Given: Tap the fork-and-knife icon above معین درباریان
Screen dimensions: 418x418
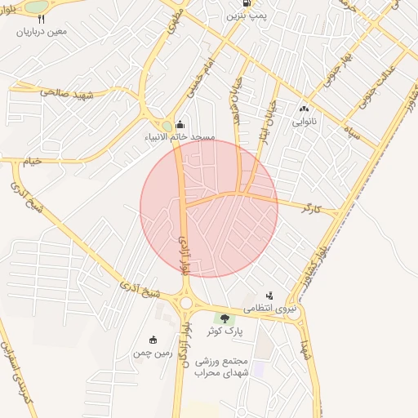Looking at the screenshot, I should pyautogui.click(x=42, y=18).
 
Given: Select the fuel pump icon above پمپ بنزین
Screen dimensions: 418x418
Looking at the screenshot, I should pyautogui.click(x=236, y=3).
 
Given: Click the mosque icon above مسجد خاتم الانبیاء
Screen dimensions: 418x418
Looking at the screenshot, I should pyautogui.click(x=180, y=124).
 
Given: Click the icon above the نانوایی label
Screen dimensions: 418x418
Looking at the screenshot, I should pyautogui.click(x=305, y=107).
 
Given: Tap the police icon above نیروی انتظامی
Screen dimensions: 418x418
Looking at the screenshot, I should pyautogui.click(x=269, y=296).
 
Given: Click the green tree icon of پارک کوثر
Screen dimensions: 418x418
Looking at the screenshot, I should pyautogui.click(x=220, y=318).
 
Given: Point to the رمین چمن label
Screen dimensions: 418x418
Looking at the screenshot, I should pyautogui.click(x=154, y=353).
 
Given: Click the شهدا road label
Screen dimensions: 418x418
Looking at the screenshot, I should pyautogui.click(x=305, y=351).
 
